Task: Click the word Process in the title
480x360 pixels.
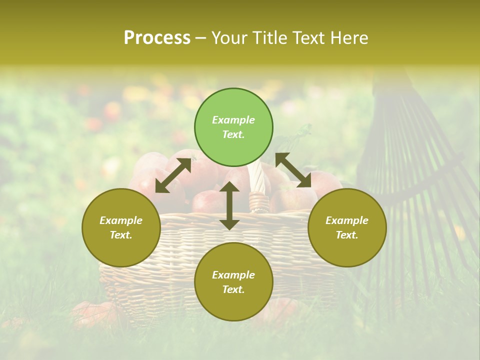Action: coord(157,38)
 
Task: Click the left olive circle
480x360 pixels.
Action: coord(121,227)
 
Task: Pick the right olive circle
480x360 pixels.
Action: coord(347,227)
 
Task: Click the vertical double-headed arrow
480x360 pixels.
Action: coord(229,205)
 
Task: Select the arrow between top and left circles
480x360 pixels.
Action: coord(173,175)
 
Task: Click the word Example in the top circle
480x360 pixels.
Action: coord(233,120)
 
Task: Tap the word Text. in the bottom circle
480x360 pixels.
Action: coord(233,289)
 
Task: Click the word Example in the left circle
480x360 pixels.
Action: coord(121,220)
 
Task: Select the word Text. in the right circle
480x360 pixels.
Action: coord(347,235)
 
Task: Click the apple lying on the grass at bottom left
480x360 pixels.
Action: coord(92,312)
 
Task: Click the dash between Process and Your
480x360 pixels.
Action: coord(200,38)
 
